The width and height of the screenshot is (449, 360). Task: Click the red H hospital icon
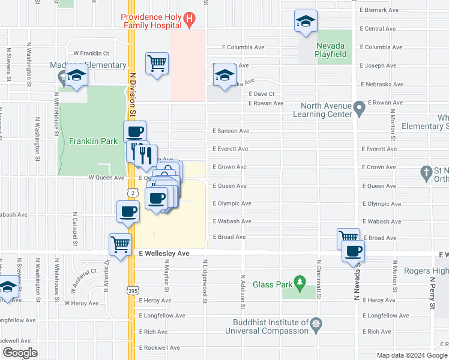coord(190,20)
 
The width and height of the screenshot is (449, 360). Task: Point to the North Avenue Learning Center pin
coord(360,109)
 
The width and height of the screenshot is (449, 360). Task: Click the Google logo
coord(20,353)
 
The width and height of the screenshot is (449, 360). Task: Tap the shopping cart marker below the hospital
coord(157,63)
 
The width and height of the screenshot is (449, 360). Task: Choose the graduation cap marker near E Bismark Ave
coord(306,22)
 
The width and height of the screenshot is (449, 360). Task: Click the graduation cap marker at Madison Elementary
coord(77,76)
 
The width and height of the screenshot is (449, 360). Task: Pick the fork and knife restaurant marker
coord(145,156)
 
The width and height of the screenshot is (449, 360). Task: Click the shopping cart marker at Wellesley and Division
coord(120,245)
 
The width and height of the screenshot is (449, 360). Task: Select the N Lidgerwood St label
coord(205,278)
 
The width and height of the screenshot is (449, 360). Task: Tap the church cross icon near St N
coord(426,172)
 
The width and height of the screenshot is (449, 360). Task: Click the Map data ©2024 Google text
coord(411,355)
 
